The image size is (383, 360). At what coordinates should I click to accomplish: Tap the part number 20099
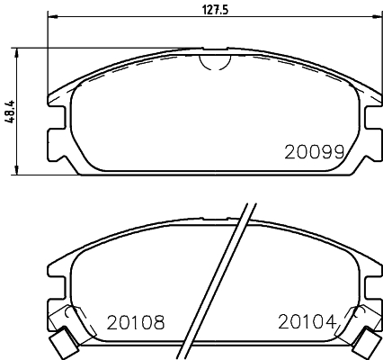pyautogui.click(x=315, y=152)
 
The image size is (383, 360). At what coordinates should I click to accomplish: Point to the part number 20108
pyautogui.click(x=136, y=321)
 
